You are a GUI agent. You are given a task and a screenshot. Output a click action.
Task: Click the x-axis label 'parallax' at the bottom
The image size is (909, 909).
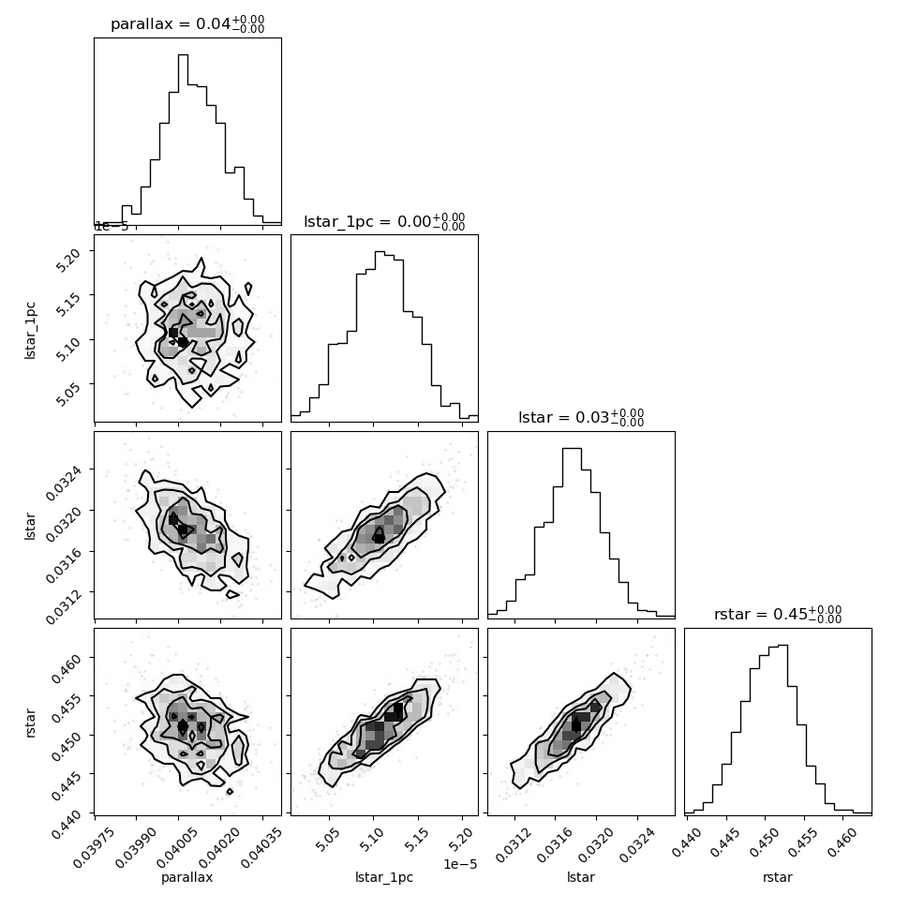(x=187, y=877)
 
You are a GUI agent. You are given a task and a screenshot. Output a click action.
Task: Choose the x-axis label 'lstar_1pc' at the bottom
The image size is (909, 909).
(x=384, y=877)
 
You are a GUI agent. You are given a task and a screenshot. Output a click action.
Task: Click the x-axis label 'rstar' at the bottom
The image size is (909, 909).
(x=778, y=877)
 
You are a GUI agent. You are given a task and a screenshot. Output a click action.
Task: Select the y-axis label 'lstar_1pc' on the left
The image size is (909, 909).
(x=30, y=331)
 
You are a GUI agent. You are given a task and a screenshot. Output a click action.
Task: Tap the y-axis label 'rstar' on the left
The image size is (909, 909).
(x=30, y=723)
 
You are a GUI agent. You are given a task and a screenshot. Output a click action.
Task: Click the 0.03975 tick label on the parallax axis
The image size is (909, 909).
(x=94, y=847)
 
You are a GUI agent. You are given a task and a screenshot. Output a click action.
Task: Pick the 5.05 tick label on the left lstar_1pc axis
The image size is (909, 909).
(x=67, y=395)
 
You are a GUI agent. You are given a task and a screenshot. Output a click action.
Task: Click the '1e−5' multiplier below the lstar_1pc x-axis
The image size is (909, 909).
(x=460, y=864)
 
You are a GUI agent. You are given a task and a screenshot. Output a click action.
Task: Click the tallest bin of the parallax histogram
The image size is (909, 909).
(x=183, y=139)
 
